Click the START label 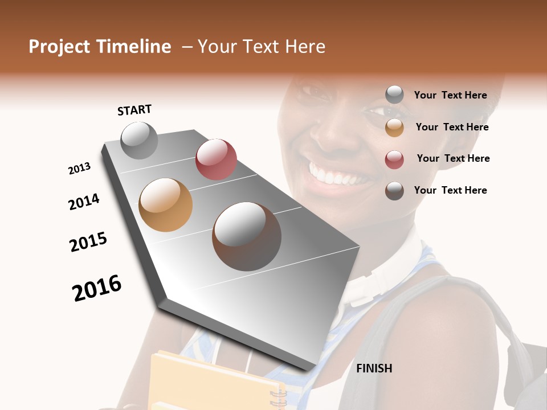134,110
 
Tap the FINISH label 374,368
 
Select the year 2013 80,169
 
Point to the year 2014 84,202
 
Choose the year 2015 88,242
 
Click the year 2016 97,288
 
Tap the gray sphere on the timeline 139,140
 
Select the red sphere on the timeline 216,159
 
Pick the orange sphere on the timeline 166,205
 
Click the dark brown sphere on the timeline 247,236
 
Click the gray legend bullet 394,95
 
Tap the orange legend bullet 394,128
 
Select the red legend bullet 394,159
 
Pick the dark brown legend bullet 394,191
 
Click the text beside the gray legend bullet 451,96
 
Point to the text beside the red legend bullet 453,158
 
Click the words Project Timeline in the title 100,47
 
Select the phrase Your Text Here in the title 262,47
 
